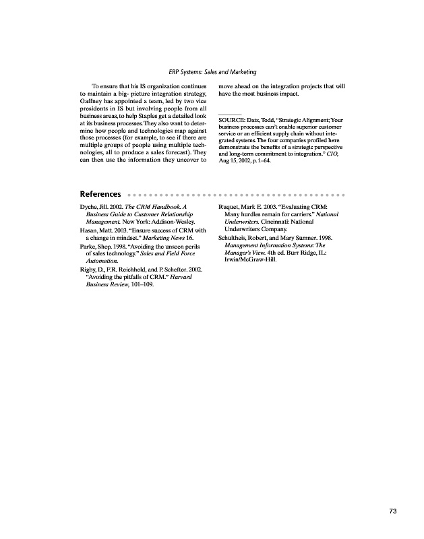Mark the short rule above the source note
[231, 113]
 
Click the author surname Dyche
[90, 205]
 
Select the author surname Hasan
[90, 230]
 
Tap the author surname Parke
[89, 247]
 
